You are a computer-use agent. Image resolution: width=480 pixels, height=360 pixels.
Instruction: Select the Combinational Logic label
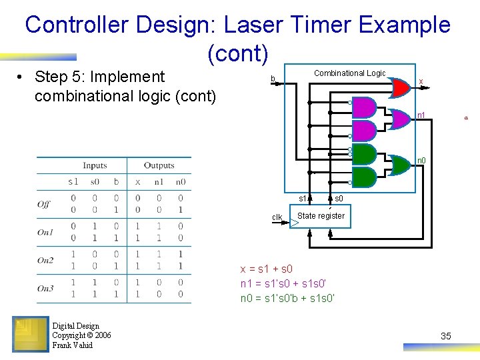pyautogui.click(x=349, y=73)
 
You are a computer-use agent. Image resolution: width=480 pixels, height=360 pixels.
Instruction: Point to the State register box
pyautogui.click(x=321, y=216)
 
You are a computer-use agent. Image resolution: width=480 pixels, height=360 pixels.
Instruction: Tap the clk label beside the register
pyautogui.click(x=277, y=217)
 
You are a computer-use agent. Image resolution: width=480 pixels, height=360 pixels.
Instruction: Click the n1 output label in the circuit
pyautogui.click(x=421, y=115)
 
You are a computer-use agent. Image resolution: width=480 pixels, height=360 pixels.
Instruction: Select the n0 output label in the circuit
pyautogui.click(x=421, y=160)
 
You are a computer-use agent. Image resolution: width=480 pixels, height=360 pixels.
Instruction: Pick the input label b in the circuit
pyautogui.click(x=272, y=79)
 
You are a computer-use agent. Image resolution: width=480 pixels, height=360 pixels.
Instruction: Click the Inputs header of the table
pyautogui.click(x=95, y=165)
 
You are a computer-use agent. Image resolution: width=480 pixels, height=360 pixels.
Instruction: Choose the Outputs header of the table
pyautogui.click(x=159, y=165)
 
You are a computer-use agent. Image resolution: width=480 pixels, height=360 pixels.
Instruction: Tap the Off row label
pyautogui.click(x=44, y=203)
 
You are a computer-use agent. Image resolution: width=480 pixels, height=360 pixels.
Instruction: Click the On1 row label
pyautogui.click(x=45, y=232)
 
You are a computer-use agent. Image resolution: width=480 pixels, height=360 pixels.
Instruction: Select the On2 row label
pyautogui.click(x=45, y=260)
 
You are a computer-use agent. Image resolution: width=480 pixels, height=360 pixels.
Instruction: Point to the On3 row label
pyautogui.click(x=45, y=289)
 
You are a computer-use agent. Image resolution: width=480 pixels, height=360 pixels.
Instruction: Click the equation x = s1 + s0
pyautogui.click(x=267, y=269)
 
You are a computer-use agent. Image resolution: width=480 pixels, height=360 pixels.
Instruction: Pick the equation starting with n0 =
pyautogui.click(x=287, y=298)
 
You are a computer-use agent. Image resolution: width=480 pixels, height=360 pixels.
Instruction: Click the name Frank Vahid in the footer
pyautogui.click(x=73, y=345)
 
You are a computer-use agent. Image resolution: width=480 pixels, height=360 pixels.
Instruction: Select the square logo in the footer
pyautogui.click(x=30, y=333)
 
